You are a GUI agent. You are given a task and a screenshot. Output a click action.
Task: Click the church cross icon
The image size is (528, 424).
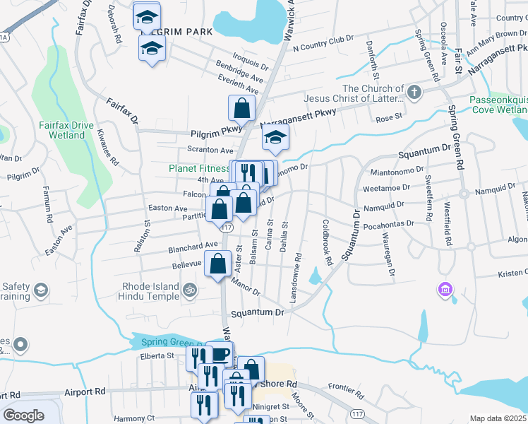coord(414,93)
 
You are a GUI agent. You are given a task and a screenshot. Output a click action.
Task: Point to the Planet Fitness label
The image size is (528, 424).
coord(199,169)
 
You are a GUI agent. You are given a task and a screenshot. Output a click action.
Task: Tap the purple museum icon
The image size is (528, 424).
coord(445,289)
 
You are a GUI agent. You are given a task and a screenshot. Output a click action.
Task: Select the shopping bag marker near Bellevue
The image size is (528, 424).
coord(218,263)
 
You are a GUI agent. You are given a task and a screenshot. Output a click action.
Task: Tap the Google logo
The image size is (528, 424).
coord(23,416)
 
